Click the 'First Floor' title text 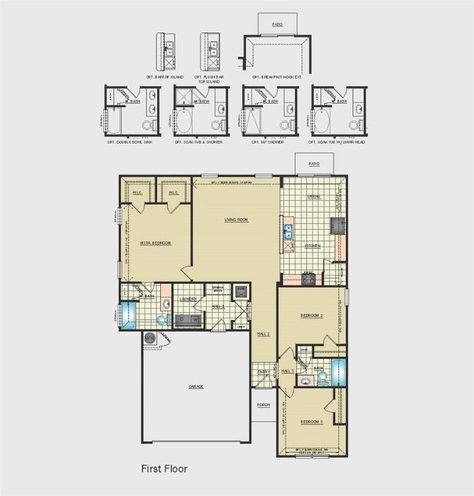164,468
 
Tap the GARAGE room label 196,386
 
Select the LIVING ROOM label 236,220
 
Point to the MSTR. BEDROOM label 156,243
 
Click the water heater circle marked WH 150,337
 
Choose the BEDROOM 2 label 311,316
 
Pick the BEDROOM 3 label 311,422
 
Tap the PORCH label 263,406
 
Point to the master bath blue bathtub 129,316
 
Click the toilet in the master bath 161,319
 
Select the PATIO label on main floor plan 314,164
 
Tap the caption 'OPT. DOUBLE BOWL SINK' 130,142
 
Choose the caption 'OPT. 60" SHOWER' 266,142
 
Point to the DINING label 314,196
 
